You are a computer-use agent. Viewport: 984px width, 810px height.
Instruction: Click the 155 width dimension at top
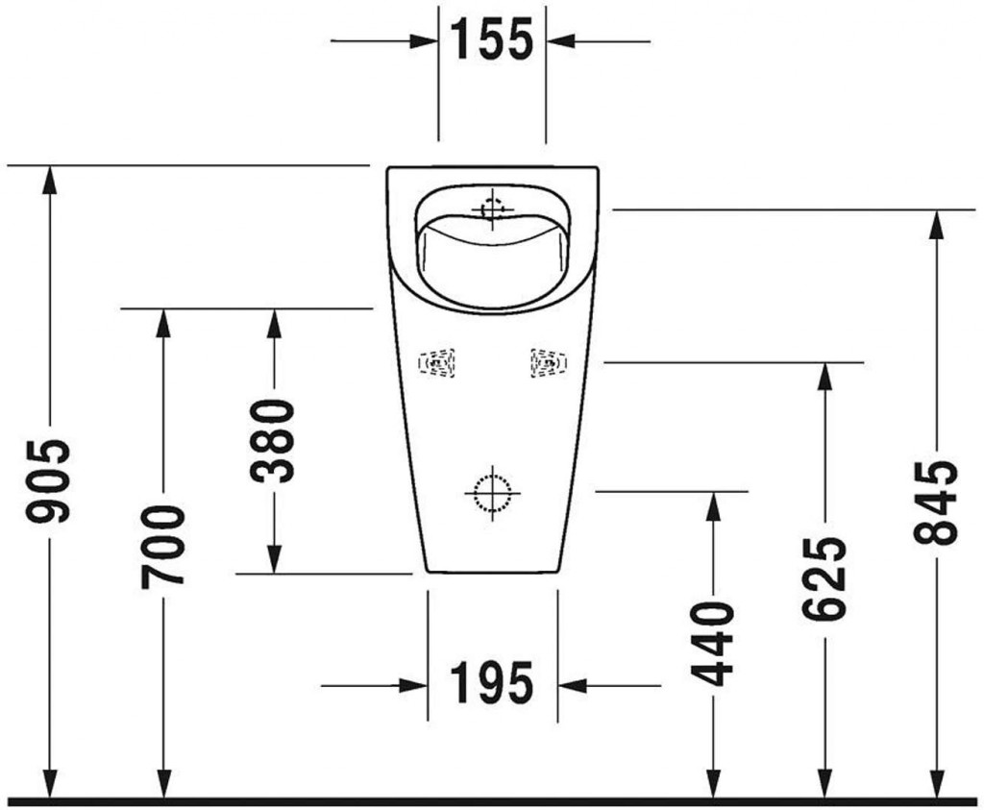coord(491,40)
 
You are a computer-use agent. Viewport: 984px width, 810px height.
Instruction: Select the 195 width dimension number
coord(492,685)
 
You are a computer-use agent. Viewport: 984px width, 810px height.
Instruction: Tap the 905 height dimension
coord(49,480)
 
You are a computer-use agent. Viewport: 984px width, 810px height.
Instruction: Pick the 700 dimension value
coord(162,546)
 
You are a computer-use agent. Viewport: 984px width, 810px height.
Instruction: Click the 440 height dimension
coord(713,644)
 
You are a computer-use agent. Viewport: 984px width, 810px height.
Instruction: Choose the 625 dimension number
coord(824,577)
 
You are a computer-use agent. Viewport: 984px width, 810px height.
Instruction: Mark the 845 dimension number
coord(936,503)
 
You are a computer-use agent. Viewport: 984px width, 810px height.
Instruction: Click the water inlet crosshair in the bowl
coord(491,208)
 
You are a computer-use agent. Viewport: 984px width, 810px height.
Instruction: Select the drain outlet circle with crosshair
coord(491,493)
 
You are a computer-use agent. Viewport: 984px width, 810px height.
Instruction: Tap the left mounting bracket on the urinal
coord(437,363)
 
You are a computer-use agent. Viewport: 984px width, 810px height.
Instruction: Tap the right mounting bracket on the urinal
coord(548,362)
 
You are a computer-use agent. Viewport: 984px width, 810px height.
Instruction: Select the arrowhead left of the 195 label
coord(414,685)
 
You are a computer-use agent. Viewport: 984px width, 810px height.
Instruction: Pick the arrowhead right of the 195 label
coord(571,685)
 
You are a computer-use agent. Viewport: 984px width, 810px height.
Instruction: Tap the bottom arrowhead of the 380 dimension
coord(274,560)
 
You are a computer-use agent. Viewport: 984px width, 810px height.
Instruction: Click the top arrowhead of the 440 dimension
coord(713,504)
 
